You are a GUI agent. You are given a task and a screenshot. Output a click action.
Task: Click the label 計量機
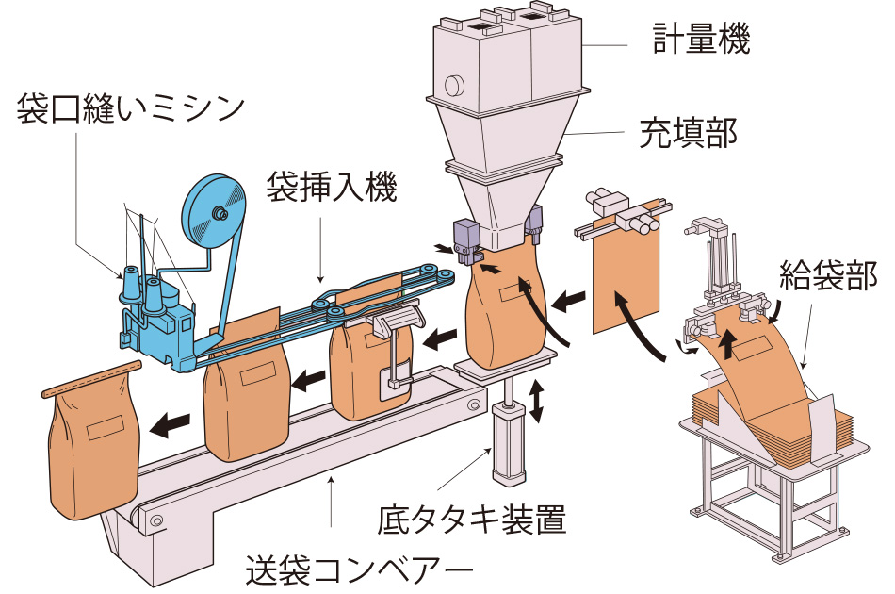tap(702, 40)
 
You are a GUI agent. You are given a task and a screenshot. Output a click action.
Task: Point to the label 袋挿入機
tap(331, 184)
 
